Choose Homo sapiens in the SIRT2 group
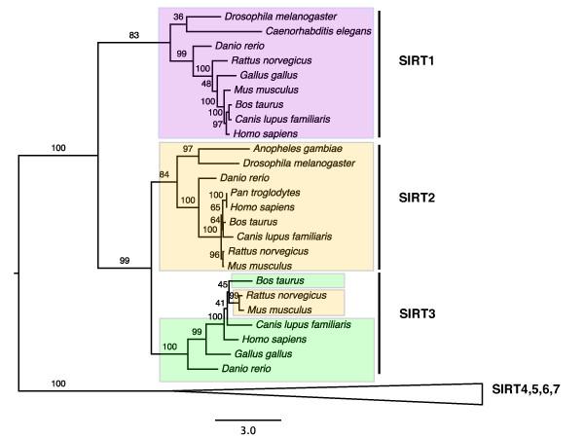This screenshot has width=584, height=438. pos(262,207)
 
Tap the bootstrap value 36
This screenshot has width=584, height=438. pos(177,17)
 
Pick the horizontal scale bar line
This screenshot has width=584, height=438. pos(248,419)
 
